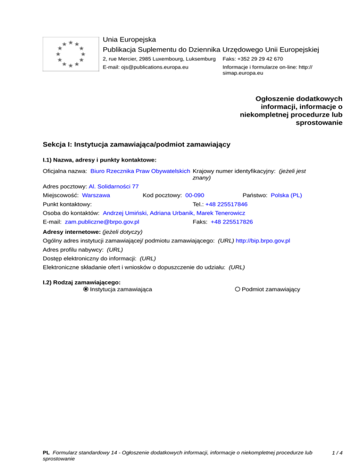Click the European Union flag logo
(70, 54)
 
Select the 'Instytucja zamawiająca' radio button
(86, 289)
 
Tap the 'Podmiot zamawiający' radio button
(238, 289)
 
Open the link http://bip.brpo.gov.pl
(262, 241)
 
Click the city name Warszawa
(96, 195)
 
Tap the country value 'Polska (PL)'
(286, 195)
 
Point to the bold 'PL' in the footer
(46, 453)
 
